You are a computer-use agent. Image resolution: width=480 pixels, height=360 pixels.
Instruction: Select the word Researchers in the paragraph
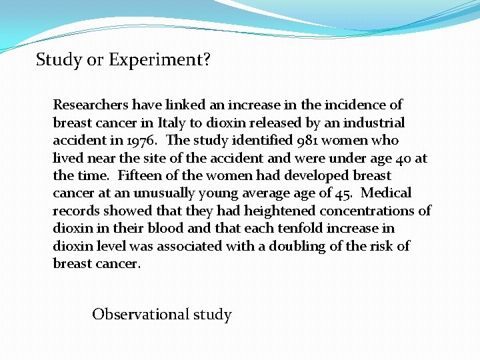click(91, 105)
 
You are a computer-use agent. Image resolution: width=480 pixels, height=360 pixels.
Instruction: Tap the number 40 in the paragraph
click(401, 158)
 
